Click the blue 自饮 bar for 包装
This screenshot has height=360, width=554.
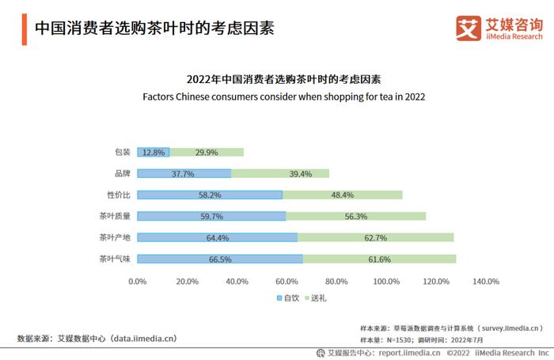pyautogui.click(x=153, y=152)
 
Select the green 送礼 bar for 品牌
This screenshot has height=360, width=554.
pyautogui.click(x=279, y=173)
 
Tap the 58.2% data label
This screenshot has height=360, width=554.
pyautogui.click(x=210, y=195)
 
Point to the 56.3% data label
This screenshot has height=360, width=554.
pyautogui.click(x=355, y=216)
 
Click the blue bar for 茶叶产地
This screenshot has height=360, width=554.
pyautogui.click(x=217, y=237)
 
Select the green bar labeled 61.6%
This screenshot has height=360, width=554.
pyautogui.click(x=379, y=259)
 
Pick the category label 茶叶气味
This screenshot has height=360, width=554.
pyautogui.click(x=115, y=259)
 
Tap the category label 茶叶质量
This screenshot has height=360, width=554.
pyautogui.click(x=115, y=216)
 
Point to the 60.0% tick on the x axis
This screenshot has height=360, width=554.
pyautogui.click(x=286, y=282)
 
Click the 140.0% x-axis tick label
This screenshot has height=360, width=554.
pyautogui.click(x=486, y=282)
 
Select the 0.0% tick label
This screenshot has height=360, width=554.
pyautogui.click(x=138, y=282)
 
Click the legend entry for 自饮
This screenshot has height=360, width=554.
pyautogui.click(x=289, y=298)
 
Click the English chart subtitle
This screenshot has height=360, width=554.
pyautogui.click(x=284, y=97)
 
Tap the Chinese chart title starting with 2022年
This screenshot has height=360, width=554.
pyautogui.click(x=284, y=79)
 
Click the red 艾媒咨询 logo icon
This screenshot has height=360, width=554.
pyautogui.click(x=469, y=28)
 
